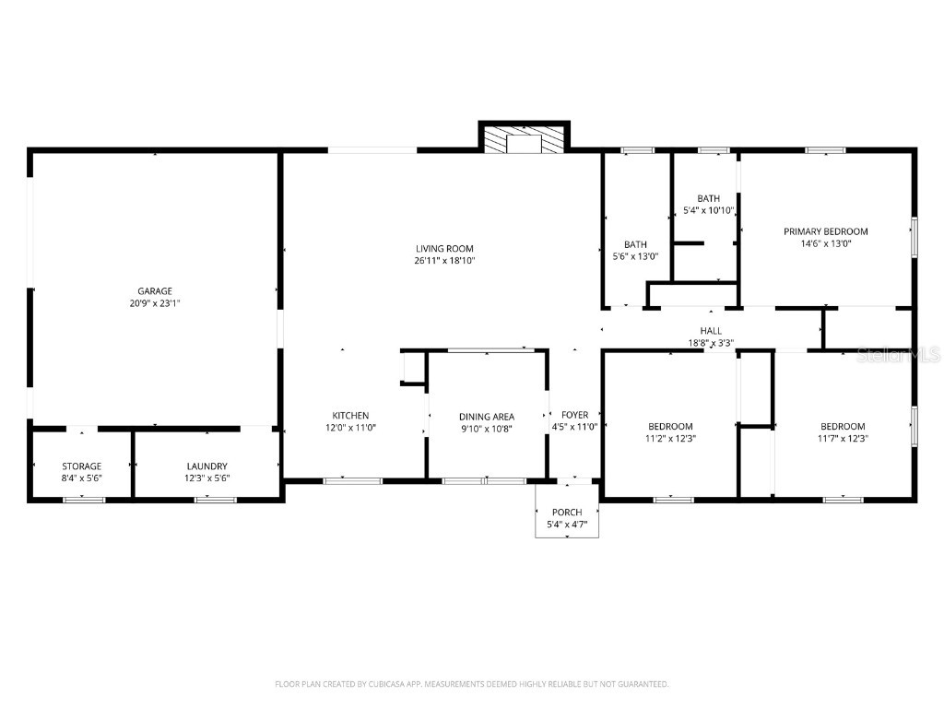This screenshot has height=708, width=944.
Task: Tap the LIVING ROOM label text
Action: coord(444,248)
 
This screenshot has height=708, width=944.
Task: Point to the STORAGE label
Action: coord(81,466)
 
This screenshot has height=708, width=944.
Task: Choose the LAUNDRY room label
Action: coord(206,466)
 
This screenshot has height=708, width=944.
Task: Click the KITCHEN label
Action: coord(350,416)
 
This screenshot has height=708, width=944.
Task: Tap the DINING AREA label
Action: coord(487,416)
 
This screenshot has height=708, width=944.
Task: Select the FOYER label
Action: coord(574,416)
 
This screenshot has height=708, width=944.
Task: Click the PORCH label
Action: coord(567,513)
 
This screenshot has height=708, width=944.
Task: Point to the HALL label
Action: coord(711,331)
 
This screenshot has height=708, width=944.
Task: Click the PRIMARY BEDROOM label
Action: coord(825,231)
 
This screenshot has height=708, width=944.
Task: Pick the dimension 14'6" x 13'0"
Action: coord(825,243)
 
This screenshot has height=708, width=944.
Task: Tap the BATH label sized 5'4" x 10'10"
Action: coord(708,198)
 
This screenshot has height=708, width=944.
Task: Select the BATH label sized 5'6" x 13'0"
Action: coord(635,244)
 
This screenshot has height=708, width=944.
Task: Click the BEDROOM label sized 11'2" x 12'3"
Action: coord(670,426)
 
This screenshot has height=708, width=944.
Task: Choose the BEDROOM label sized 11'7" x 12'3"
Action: coord(843,426)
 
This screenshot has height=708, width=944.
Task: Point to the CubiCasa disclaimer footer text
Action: coord(472,684)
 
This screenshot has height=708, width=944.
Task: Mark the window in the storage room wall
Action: coord(84,500)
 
